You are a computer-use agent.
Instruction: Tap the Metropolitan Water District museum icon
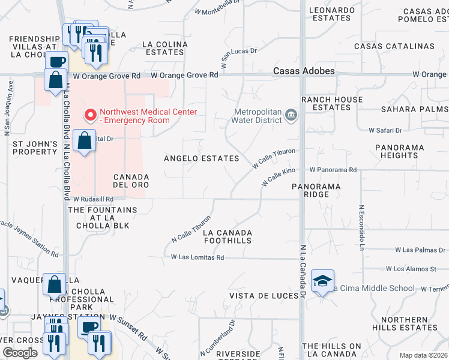[x=291, y=115]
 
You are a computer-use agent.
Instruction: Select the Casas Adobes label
[x=304, y=71]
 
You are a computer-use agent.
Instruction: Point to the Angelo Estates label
[x=202, y=158]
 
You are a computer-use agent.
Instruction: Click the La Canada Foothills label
[x=228, y=236]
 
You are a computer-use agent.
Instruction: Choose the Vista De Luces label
[x=264, y=296]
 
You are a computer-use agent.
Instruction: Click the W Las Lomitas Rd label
[x=197, y=257]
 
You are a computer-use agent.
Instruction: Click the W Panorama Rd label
[x=333, y=170]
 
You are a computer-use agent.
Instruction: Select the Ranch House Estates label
[x=332, y=103]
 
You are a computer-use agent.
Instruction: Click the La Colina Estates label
[x=164, y=48]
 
